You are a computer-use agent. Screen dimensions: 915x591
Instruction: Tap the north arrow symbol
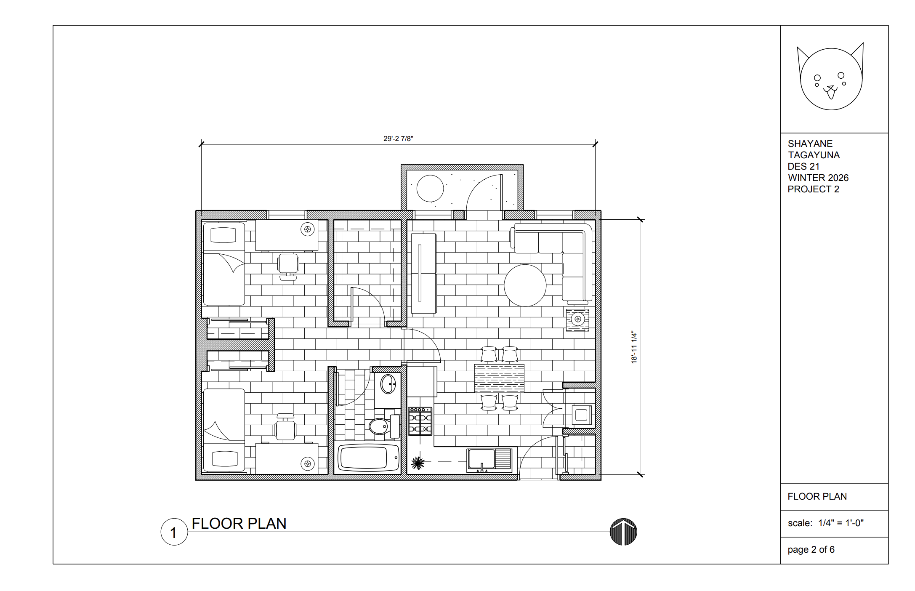point(623,532)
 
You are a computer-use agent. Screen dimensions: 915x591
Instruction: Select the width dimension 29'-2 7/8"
point(398,138)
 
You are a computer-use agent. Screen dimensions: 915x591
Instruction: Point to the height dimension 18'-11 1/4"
point(634,347)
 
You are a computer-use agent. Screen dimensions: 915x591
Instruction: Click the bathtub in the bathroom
point(369,458)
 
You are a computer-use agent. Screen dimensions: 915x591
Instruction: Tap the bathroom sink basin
point(388,384)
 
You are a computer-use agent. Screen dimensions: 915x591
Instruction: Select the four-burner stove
point(420,421)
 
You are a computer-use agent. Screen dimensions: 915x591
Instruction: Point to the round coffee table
point(525,285)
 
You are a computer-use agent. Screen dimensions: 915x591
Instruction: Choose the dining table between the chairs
point(499,378)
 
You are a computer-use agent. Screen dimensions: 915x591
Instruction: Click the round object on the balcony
point(430,188)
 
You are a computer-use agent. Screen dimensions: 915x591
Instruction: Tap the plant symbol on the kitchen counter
point(418,463)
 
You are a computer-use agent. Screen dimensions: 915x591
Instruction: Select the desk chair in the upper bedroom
point(288,266)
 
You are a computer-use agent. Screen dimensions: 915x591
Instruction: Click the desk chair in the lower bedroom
point(286,427)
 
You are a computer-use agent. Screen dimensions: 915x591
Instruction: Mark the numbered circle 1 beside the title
point(174,532)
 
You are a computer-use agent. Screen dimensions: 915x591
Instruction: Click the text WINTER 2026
point(818,178)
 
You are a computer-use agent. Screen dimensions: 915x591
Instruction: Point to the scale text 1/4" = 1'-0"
point(841,523)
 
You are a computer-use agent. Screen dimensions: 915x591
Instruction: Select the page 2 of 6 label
point(811,550)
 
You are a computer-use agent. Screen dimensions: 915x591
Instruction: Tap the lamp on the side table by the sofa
point(577,319)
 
